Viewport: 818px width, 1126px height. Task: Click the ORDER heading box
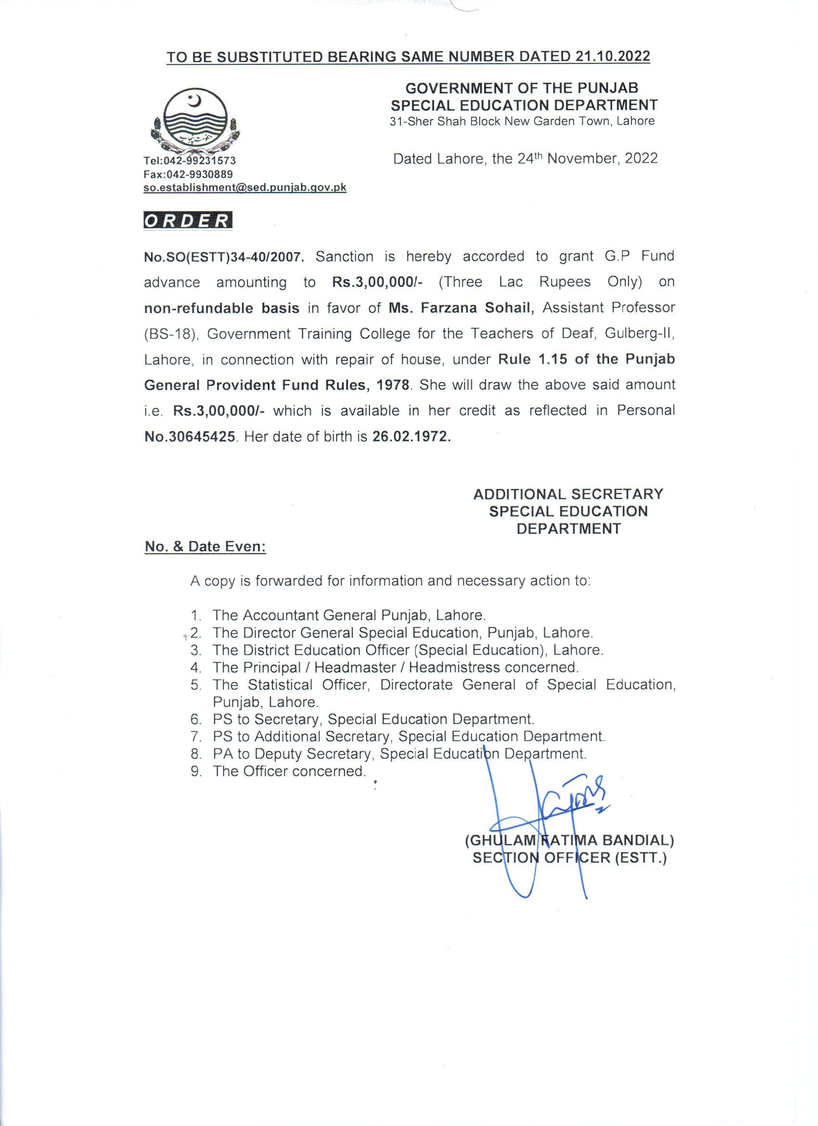coord(188,220)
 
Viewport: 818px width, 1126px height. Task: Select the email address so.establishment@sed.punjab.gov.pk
coord(245,188)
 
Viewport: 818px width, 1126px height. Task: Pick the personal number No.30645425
coord(190,437)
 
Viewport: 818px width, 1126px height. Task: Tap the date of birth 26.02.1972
coord(411,437)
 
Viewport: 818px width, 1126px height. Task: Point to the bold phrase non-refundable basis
coord(221,308)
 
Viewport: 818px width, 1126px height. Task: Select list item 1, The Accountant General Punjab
coord(348,615)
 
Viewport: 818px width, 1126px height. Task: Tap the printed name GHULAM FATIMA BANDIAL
coord(569,841)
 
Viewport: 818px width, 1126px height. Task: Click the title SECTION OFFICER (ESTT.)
coord(569,858)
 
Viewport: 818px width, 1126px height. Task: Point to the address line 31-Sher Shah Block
coord(522,121)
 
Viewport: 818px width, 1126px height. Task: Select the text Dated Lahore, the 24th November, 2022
coord(525,158)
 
